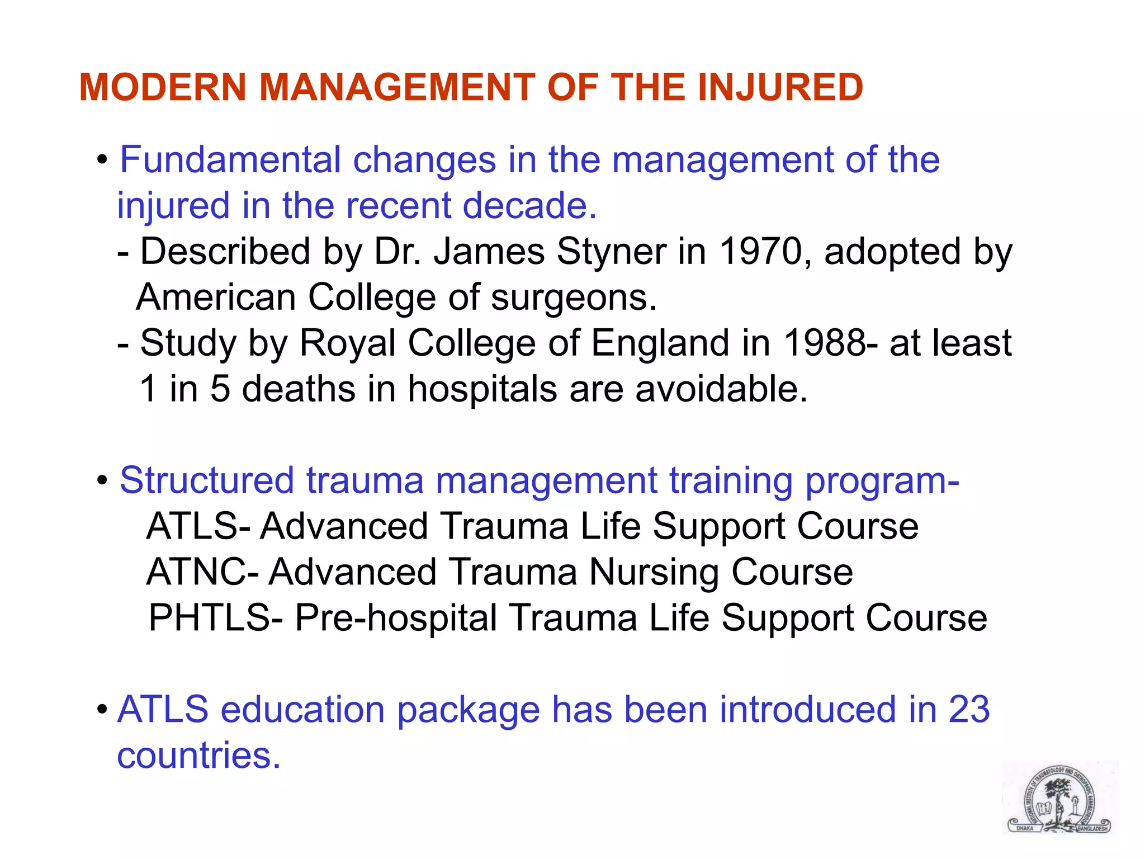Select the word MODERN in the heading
pyautogui.click(x=163, y=88)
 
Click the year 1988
pyautogui.click(x=824, y=343)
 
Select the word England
pyautogui.click(x=660, y=344)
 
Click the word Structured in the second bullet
pyautogui.click(x=206, y=480)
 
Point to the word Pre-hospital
pyautogui.click(x=396, y=619)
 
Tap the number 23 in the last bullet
pyautogui.click(x=969, y=710)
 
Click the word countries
pyautogui.click(x=198, y=756)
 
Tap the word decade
pyautogui.click(x=529, y=206)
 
